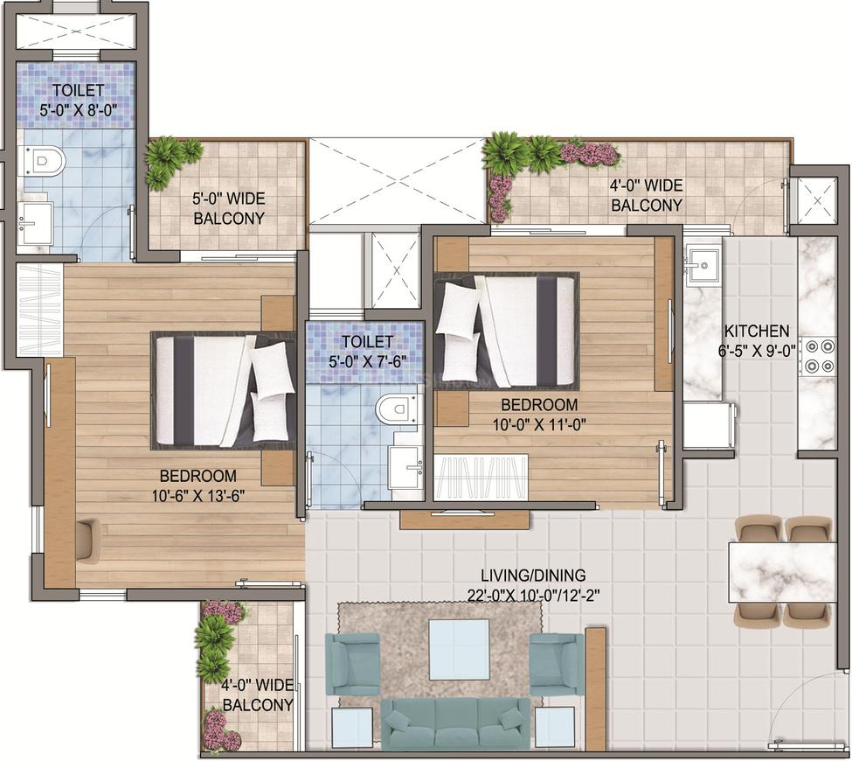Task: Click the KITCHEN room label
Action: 757,331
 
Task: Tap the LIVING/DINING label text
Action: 533,575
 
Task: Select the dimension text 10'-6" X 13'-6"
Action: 199,496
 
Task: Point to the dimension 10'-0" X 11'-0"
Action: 539,424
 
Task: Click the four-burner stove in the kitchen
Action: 817,356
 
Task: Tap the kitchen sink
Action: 703,266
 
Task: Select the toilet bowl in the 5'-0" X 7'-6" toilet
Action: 398,408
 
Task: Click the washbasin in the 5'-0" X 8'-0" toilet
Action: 35,223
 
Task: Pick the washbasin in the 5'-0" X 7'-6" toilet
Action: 406,467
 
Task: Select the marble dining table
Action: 782,572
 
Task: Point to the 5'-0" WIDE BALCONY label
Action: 229,208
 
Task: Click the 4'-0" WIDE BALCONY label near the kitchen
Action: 646,195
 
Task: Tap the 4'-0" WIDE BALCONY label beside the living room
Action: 258,695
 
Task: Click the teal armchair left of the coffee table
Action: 352,664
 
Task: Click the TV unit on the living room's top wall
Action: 464,519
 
